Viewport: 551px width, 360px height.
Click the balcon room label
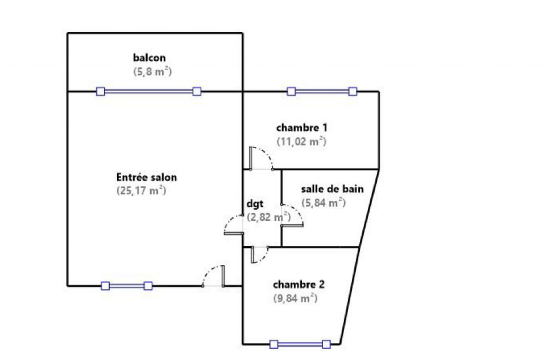click(149, 58)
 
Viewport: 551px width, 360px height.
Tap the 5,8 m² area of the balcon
click(152, 72)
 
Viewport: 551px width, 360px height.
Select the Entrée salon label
click(146, 177)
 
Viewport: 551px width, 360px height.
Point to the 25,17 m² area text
click(141, 191)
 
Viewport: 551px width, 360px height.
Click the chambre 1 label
click(302, 128)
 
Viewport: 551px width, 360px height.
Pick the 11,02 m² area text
click(301, 142)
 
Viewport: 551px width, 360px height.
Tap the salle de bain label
click(332, 189)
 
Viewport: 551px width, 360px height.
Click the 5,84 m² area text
click(323, 203)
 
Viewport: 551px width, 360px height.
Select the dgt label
click(255, 204)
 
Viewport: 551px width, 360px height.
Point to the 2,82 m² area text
click(269, 217)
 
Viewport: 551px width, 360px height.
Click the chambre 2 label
click(299, 285)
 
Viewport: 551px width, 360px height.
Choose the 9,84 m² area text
click(295, 299)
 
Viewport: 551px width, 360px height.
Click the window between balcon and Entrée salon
click(149, 92)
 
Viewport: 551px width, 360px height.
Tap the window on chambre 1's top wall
click(322, 92)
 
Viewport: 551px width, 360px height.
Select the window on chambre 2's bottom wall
click(300, 344)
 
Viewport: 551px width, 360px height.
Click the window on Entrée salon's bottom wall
click(127, 286)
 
